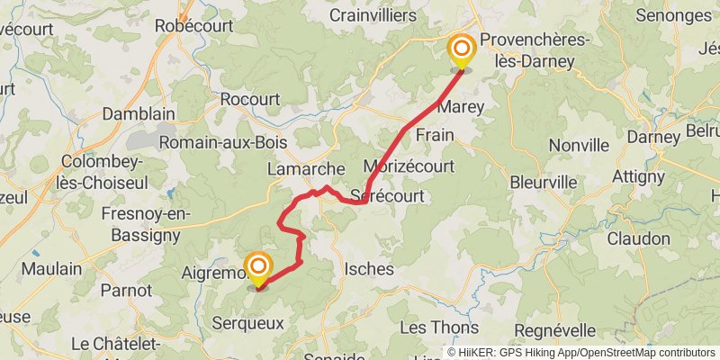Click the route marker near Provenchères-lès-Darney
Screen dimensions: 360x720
click(x=462, y=50)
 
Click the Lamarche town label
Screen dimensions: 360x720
click(x=306, y=168)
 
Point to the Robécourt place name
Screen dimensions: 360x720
click(x=194, y=26)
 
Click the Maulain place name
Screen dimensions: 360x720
click(x=51, y=268)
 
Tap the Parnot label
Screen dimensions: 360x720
click(x=126, y=290)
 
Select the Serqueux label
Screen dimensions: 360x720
click(x=247, y=321)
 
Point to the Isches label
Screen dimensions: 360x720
click(x=369, y=268)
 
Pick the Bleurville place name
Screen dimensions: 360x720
click(x=543, y=182)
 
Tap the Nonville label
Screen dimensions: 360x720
click(x=579, y=145)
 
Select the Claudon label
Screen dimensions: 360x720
click(x=638, y=238)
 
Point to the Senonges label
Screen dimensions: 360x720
click(x=673, y=15)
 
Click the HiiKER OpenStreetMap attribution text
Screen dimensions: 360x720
click(x=580, y=353)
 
